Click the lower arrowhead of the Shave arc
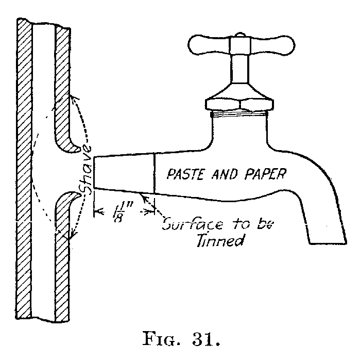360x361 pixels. tap(68, 238)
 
